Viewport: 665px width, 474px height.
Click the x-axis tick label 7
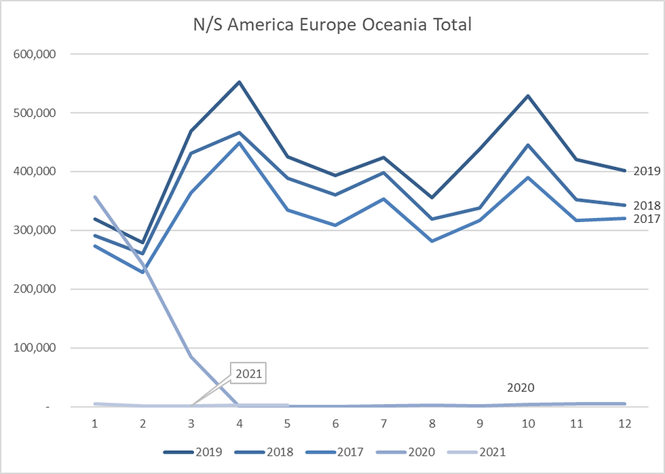pos(384,424)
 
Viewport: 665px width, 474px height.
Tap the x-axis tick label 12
pos(625,424)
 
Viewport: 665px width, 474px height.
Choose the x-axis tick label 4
pos(239,424)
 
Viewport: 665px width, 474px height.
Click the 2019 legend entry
pos(193,452)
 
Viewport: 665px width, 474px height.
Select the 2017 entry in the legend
pos(335,452)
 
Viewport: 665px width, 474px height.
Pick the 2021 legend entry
pos(476,452)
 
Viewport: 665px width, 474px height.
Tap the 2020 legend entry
pos(406,452)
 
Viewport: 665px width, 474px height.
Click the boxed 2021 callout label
pos(248,373)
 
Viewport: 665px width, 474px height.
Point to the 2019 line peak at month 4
pos(239,82)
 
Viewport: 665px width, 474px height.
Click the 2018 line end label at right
pos(647,206)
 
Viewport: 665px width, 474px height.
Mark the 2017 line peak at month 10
pos(528,177)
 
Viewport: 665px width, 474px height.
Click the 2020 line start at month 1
pos(94,196)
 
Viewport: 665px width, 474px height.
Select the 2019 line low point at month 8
pos(432,198)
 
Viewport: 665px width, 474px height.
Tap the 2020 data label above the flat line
pos(521,388)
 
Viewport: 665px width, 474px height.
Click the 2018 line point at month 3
pos(191,153)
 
